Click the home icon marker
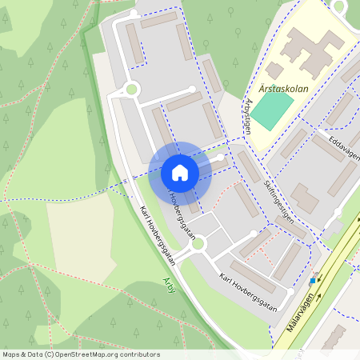coord(180,173)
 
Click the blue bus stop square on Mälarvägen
coord(312,281)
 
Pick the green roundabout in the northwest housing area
coord(131,90)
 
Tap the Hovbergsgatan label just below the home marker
coord(182,214)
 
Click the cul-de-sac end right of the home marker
coord(222,158)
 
